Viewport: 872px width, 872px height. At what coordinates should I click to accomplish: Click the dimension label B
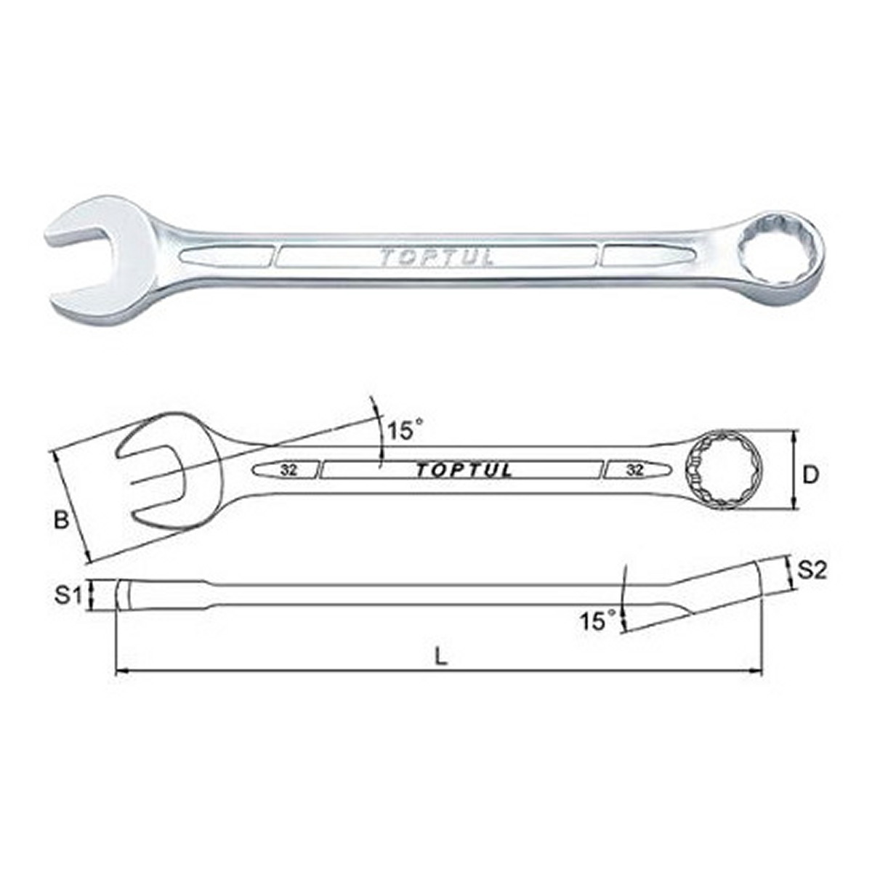click(62, 520)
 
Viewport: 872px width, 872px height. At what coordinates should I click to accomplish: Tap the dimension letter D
click(810, 475)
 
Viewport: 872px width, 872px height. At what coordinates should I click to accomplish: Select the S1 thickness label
click(68, 596)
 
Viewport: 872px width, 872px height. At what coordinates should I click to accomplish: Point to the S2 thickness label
click(812, 570)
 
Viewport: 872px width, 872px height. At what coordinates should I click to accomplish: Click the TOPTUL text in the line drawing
click(464, 471)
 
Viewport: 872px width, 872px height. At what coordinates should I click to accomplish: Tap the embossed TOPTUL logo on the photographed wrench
click(437, 257)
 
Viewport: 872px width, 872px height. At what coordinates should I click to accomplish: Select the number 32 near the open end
click(288, 470)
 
